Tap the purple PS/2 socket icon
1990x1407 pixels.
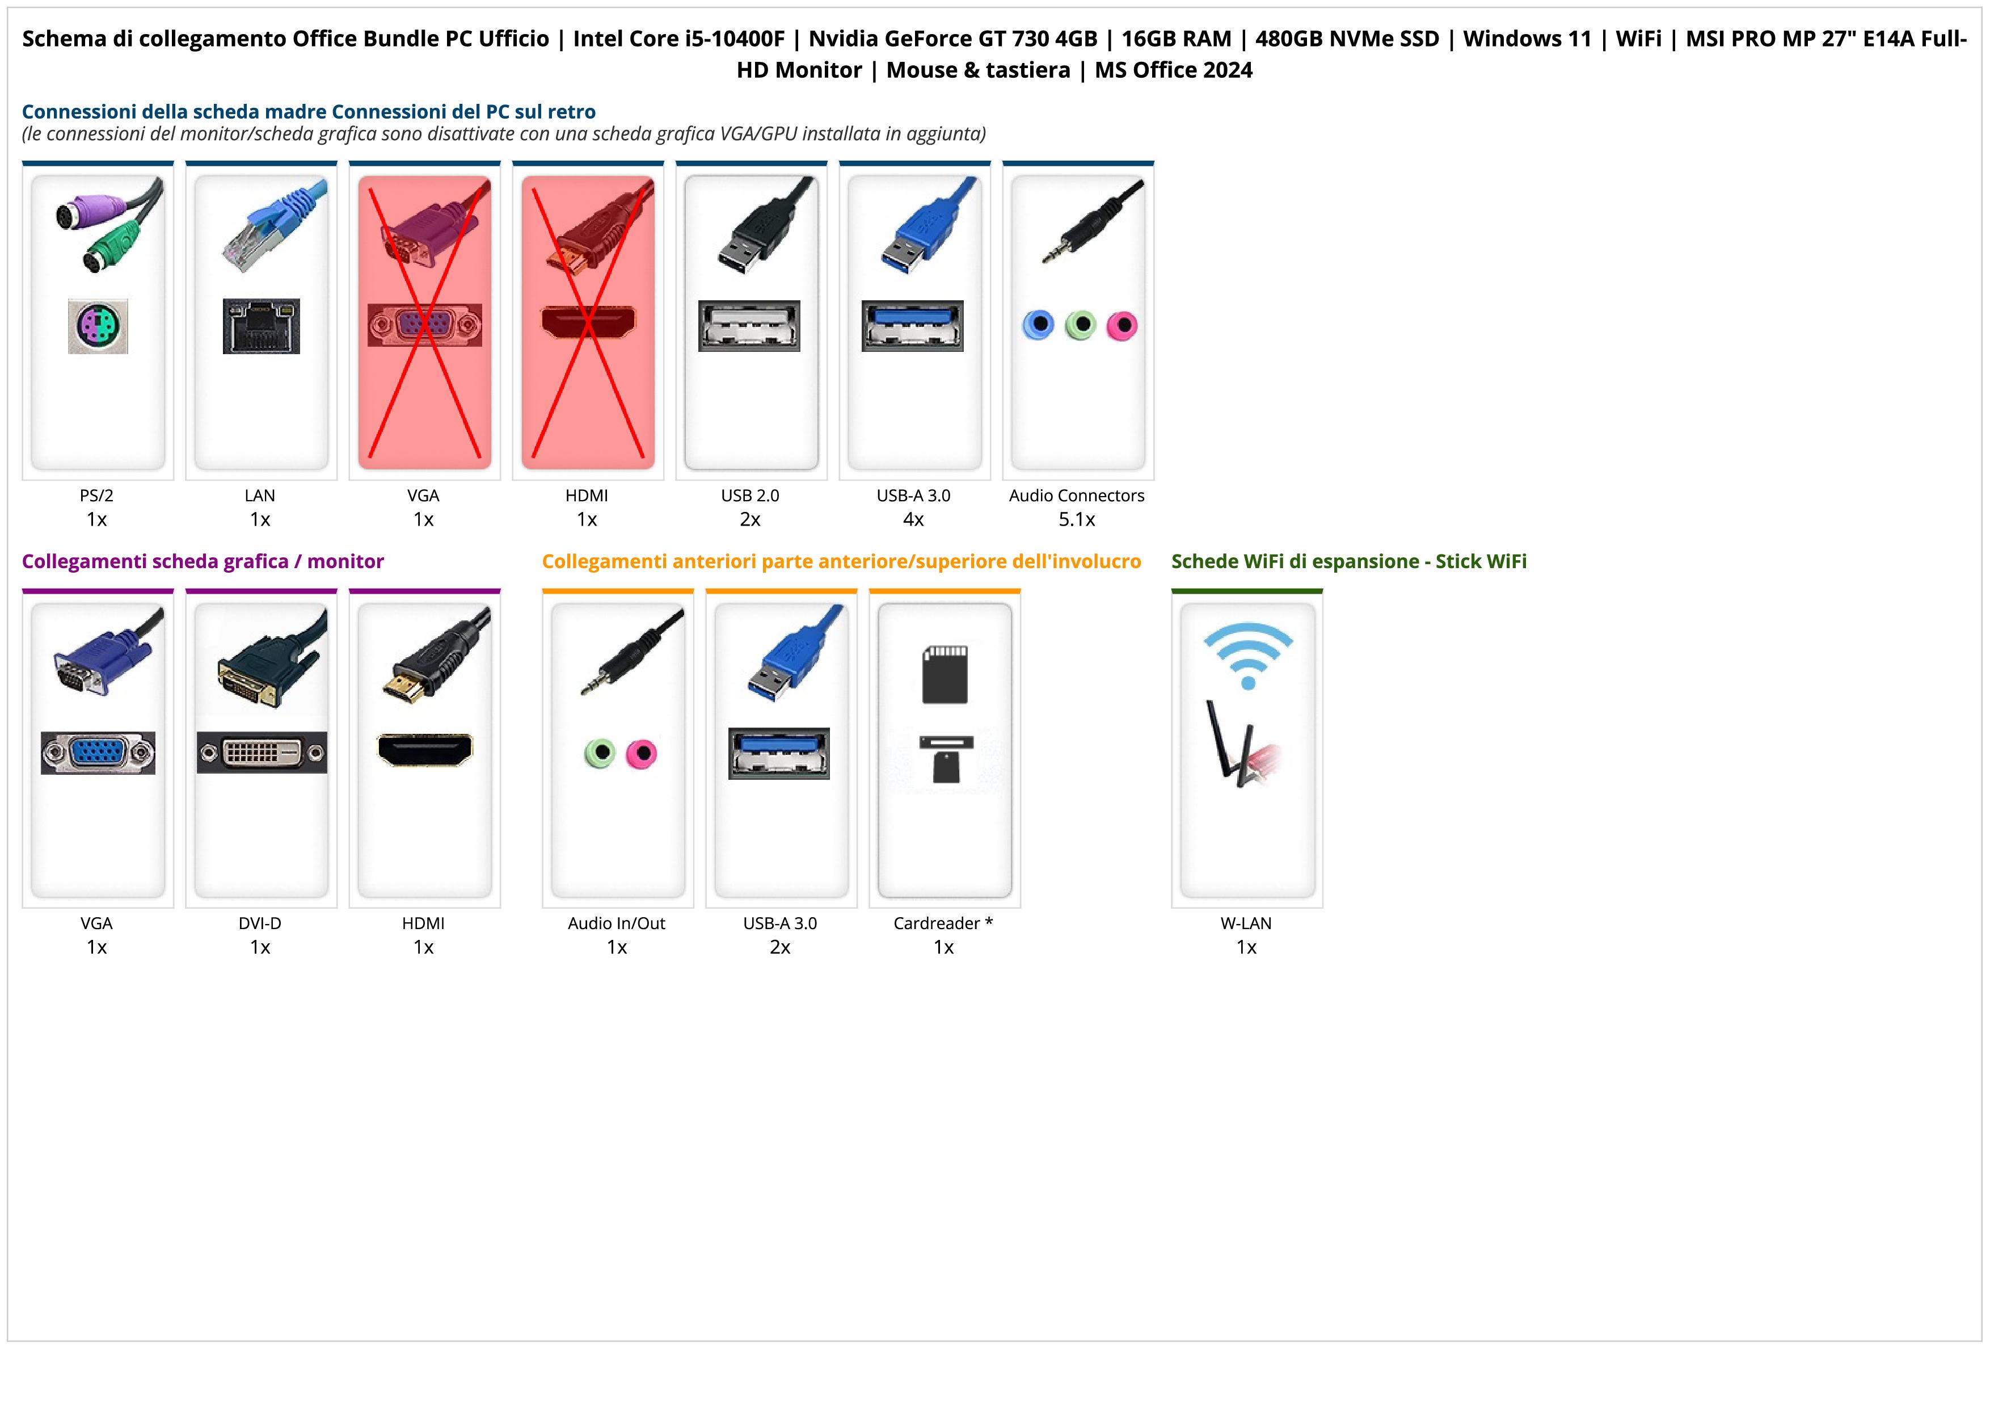point(98,326)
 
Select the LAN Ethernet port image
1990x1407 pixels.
point(261,326)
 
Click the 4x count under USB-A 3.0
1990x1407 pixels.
point(913,519)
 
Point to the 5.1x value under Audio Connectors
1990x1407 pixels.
point(1077,519)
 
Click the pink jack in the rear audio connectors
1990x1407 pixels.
point(1122,326)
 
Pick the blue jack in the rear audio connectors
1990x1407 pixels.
point(1038,325)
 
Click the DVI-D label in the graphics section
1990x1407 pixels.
point(260,923)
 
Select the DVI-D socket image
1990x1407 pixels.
point(262,753)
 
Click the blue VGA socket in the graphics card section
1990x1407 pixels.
point(98,753)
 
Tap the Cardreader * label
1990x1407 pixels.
point(943,923)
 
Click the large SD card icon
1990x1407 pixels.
point(945,674)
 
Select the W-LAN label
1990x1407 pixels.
point(1246,923)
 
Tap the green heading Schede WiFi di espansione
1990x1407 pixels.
point(1348,562)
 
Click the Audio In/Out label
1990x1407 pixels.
point(616,923)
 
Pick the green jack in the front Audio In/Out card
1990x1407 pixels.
point(600,753)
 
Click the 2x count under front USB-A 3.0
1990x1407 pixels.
point(780,947)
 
